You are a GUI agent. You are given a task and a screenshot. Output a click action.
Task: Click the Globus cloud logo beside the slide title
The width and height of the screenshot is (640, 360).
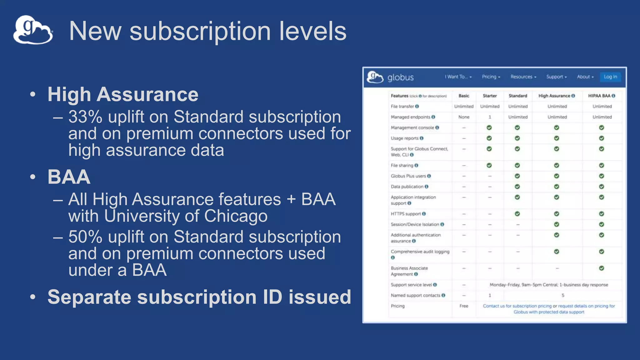point(33,30)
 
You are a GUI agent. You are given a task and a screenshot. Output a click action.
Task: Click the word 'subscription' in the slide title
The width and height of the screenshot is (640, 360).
point(200,31)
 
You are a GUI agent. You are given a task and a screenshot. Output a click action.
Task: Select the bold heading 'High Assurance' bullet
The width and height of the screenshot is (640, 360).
point(123,94)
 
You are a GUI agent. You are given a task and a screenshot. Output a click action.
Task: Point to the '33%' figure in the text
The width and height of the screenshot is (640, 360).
point(85,117)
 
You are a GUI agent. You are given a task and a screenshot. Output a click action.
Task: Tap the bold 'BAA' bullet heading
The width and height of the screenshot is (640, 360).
point(69,177)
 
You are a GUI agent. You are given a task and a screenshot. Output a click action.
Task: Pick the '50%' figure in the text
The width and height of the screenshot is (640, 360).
point(85,237)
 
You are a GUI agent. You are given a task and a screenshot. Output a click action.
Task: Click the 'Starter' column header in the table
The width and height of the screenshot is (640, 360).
point(490,96)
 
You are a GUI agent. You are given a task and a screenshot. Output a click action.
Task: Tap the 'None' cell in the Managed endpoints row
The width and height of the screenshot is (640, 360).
point(464,117)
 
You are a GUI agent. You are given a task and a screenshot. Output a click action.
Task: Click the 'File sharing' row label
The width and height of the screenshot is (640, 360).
point(402,165)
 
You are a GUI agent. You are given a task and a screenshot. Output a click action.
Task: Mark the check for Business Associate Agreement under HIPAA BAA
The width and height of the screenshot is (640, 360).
point(602,268)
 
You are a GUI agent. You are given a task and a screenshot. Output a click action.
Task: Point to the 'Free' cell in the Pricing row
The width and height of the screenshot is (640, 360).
point(464,306)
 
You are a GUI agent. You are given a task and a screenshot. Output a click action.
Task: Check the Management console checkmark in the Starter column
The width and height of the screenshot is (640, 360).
point(489,127)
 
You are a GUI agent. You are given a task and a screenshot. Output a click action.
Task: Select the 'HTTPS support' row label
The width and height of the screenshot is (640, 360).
point(406,214)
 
